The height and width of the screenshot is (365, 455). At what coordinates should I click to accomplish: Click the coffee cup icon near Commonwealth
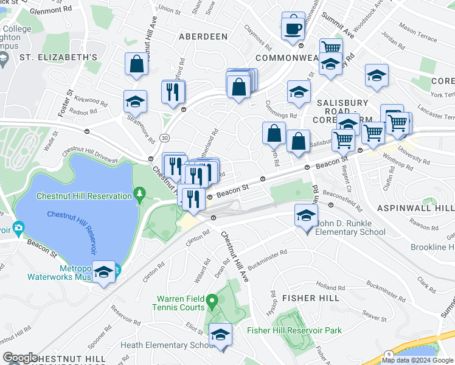click(x=293, y=27)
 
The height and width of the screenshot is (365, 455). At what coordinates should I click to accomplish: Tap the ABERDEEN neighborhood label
click(x=203, y=36)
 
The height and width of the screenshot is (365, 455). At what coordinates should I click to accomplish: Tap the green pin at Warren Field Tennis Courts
click(x=211, y=301)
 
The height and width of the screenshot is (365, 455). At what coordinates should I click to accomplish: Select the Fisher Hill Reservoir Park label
click(x=294, y=330)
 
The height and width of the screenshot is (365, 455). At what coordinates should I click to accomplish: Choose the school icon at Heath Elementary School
click(x=220, y=335)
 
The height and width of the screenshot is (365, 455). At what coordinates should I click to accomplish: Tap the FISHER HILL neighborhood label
click(x=307, y=298)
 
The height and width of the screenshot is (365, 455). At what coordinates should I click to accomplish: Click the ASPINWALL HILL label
click(x=415, y=208)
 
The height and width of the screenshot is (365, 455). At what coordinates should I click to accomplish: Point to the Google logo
click(x=20, y=357)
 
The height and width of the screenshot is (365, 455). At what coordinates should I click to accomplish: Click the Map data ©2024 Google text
click(x=417, y=360)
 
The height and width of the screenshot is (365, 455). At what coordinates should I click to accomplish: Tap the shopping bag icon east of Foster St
click(x=137, y=64)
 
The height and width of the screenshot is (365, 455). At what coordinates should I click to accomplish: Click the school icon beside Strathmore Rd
click(x=135, y=102)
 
